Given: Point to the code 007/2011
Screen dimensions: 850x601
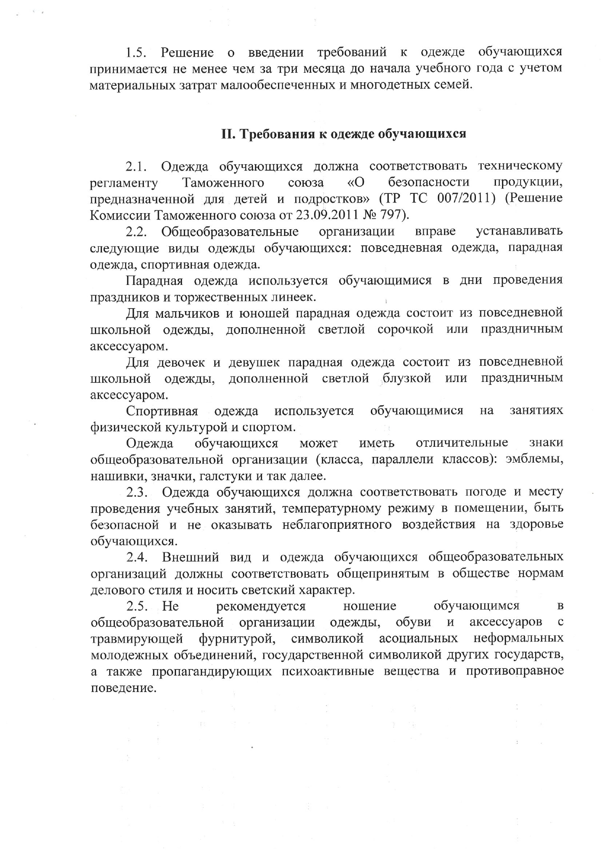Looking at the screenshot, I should (464, 199).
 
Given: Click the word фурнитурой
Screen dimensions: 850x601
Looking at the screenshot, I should (237, 638).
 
